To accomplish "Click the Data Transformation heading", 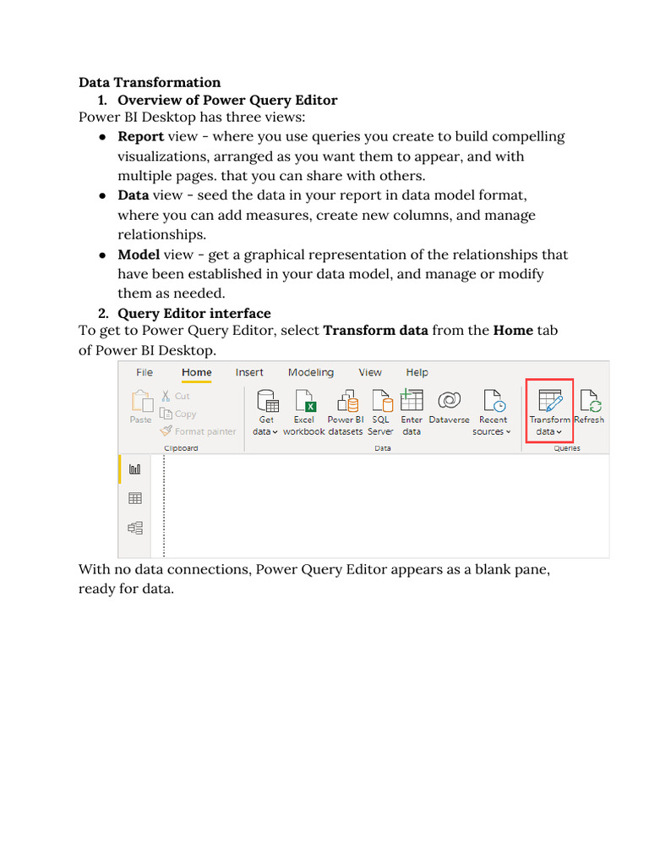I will [x=150, y=82].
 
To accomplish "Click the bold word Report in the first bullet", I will [x=140, y=136].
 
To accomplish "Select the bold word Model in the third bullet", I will [x=139, y=255].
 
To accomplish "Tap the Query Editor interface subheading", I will [x=194, y=314].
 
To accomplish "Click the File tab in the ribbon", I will [x=145, y=372].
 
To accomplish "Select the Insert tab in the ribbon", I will [x=249, y=372].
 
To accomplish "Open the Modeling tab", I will [x=310, y=372].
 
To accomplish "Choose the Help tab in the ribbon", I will [x=417, y=372].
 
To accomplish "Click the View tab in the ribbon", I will [x=370, y=372].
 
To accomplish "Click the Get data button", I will [x=266, y=411].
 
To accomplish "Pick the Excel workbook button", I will [x=303, y=411].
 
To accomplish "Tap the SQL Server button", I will [x=380, y=411].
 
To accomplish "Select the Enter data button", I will [x=412, y=411].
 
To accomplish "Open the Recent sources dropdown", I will [x=492, y=412].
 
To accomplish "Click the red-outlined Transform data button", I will [x=549, y=411].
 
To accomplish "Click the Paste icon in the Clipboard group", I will [x=141, y=406].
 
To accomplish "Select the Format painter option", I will [x=199, y=431].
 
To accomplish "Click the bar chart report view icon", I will [x=134, y=469].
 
